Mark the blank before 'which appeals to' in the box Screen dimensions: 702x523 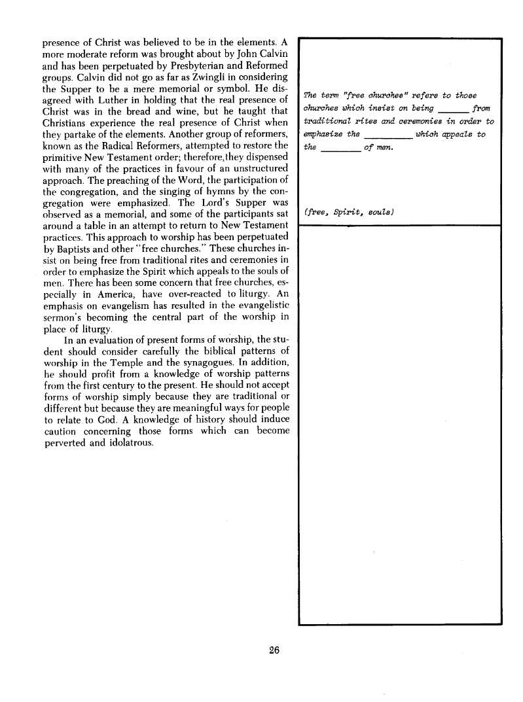click(386, 135)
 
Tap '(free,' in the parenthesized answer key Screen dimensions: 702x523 click(317, 213)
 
